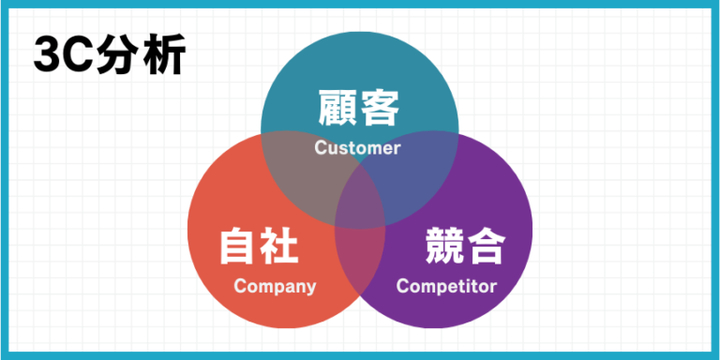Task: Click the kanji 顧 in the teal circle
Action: coord(337,108)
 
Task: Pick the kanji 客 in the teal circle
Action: coord(381,108)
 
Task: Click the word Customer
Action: coord(357,148)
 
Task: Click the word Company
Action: coord(275,286)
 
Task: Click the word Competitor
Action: coord(446,286)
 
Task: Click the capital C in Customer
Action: coord(320,148)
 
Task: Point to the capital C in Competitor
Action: coord(402,286)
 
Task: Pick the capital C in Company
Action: coord(239,286)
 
